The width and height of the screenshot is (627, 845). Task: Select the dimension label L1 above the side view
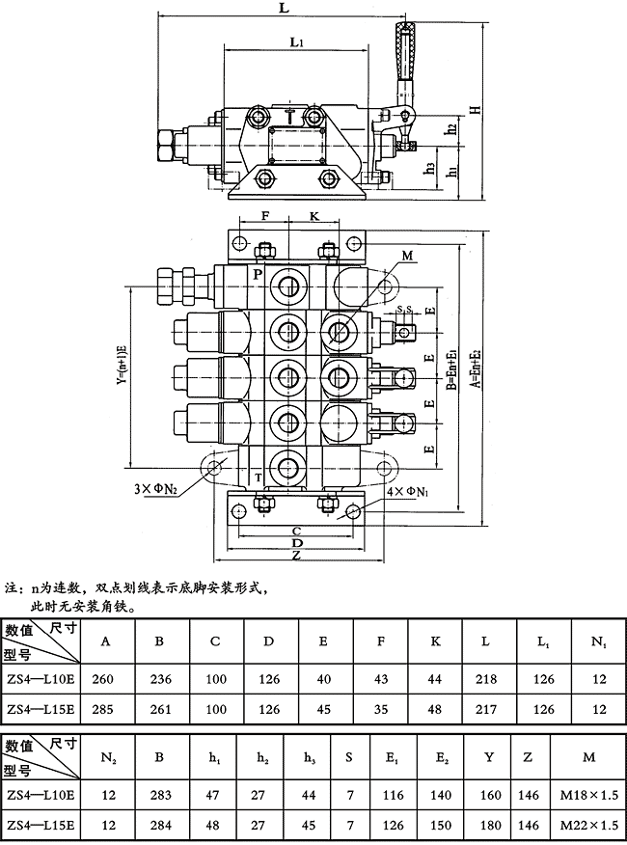point(297,43)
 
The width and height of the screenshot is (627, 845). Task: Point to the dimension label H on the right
point(476,108)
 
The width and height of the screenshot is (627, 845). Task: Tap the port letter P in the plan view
point(258,275)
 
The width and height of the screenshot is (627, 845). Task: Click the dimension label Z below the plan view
point(296,556)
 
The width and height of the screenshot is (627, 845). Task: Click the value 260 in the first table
point(103,679)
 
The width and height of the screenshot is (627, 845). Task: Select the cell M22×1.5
point(588,825)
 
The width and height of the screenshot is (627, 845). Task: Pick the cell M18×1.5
point(588,795)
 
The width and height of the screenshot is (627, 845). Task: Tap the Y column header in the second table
point(489,756)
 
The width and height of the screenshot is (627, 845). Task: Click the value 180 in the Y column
point(489,825)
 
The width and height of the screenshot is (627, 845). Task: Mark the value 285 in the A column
point(103,709)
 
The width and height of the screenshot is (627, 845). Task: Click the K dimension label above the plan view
point(314,217)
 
